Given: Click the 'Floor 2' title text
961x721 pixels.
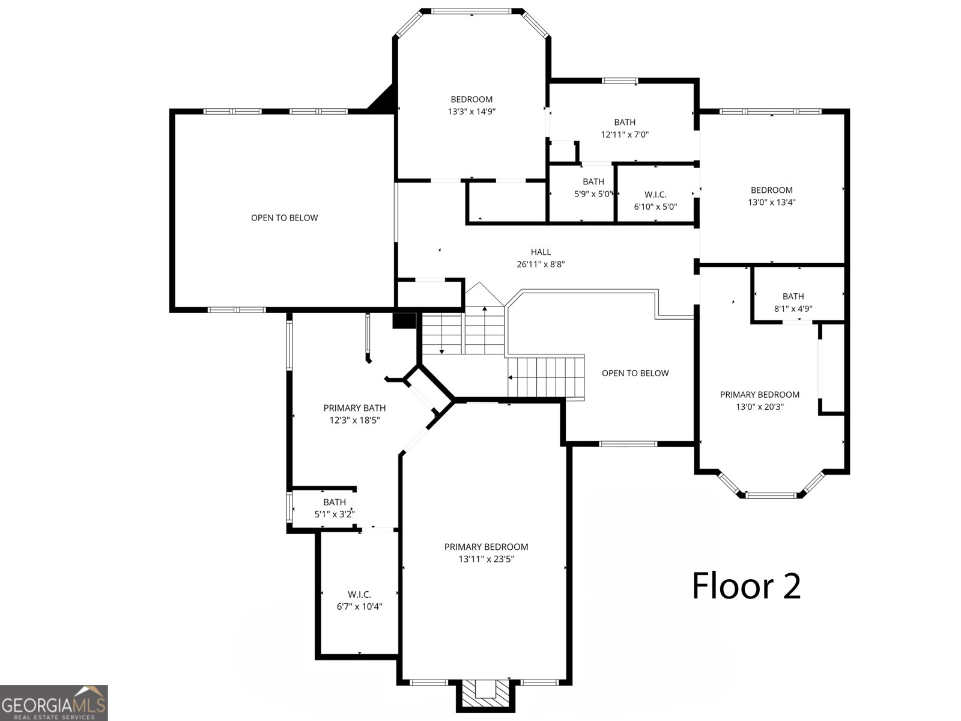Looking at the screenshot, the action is [746, 586].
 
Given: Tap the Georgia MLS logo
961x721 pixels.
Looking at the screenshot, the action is [54, 702].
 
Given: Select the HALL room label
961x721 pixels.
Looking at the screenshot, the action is [541, 252].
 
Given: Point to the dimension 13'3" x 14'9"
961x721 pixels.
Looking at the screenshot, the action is [471, 112].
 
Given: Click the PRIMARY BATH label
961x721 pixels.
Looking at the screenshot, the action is [354, 408].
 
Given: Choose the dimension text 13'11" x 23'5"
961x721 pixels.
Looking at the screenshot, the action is [486, 559].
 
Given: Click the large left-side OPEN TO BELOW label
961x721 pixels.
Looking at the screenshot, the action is [285, 218].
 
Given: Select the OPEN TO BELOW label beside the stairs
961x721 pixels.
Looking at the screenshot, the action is [635, 373].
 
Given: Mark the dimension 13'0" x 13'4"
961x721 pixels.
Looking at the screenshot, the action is [771, 202].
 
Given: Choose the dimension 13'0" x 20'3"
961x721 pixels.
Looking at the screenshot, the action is [760, 407].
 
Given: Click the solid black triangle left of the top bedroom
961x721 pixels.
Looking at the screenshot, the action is [384, 98].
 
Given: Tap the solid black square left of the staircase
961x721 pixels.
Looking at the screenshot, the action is [404, 320].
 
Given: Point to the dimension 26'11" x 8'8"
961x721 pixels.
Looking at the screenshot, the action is [541, 264].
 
